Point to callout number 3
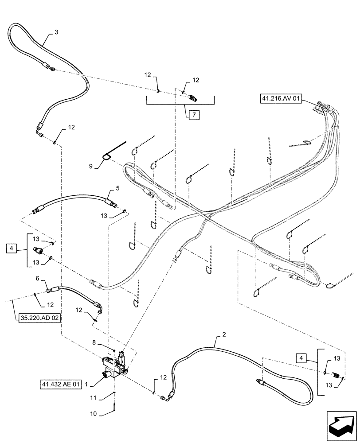56,32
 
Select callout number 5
117,188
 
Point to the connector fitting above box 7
193,97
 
